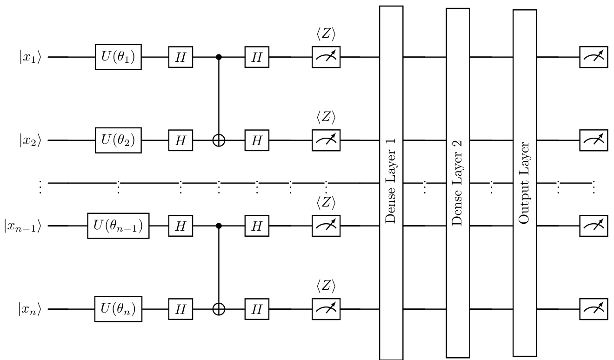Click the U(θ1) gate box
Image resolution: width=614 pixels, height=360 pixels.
tap(118, 57)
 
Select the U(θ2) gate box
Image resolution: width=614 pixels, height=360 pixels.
tap(118, 140)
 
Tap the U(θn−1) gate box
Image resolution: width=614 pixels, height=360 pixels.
tap(118, 226)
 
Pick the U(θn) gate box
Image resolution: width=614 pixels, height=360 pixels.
tap(118, 308)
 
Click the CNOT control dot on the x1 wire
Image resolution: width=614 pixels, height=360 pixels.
tap(219, 57)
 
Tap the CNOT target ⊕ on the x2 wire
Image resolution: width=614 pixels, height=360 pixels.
tap(219, 140)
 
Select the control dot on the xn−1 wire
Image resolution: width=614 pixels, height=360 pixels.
tap(219, 226)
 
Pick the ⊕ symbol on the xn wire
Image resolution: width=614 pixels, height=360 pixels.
tap(219, 308)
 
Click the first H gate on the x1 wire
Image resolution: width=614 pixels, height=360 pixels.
tap(180, 57)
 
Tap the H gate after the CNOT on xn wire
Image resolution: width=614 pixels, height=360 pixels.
tap(257, 308)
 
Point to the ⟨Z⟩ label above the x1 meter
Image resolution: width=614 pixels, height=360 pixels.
tap(326, 35)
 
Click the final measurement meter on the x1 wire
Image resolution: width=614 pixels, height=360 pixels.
tap(594, 57)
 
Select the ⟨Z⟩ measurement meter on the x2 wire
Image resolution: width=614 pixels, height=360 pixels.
tap(326, 140)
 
